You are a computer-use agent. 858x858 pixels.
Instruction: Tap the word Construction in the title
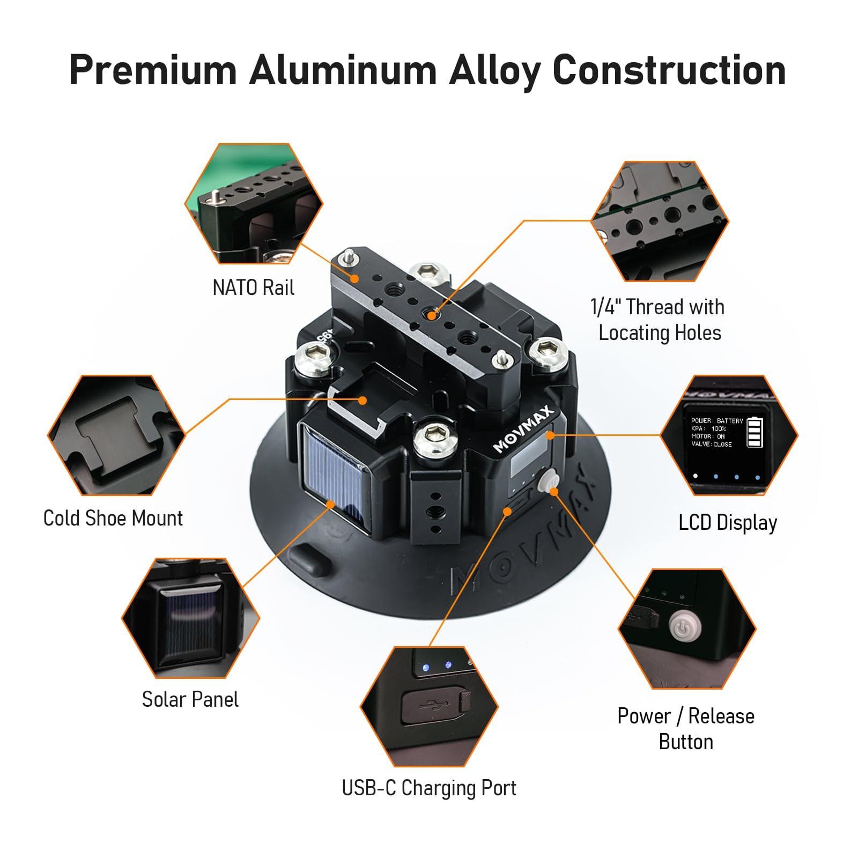point(670,70)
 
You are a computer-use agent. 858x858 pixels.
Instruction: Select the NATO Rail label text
point(253,288)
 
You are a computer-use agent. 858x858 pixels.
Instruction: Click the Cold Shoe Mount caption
point(113,519)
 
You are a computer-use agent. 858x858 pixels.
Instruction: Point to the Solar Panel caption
point(190,700)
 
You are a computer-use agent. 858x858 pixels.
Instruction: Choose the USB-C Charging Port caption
point(429,788)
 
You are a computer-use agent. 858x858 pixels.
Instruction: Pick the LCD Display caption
point(728,523)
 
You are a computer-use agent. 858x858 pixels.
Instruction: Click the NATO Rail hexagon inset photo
point(254,203)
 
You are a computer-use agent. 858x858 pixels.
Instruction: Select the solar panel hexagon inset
point(191,618)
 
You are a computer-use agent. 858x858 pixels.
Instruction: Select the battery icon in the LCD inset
point(755,432)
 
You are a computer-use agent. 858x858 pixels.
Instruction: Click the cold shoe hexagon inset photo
point(117,435)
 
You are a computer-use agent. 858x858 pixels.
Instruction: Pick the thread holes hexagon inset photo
point(660,221)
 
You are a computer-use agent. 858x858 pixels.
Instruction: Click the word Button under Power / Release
point(686,742)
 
